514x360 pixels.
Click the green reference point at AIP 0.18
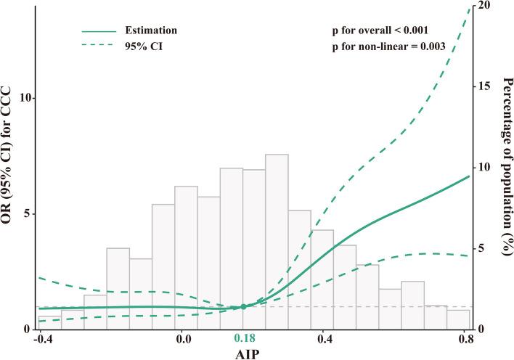[x=243, y=307]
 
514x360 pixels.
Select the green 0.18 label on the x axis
[x=243, y=338]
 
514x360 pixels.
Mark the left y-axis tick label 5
[x=22, y=214]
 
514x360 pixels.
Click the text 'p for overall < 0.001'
[x=378, y=31]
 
